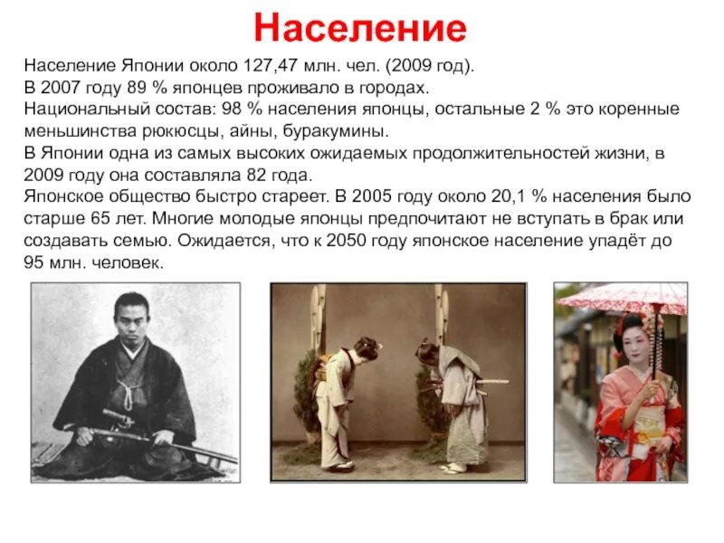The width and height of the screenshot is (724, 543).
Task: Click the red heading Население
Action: [360, 29]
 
